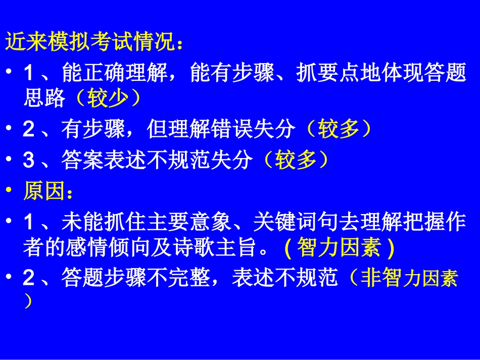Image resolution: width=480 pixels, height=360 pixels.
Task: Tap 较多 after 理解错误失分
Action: [x=340, y=130]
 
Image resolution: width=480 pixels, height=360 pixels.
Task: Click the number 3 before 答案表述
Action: [x=28, y=161]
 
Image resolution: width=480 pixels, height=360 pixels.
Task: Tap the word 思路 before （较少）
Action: [x=44, y=99]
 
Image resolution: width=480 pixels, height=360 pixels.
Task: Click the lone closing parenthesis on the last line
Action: [x=28, y=302]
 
